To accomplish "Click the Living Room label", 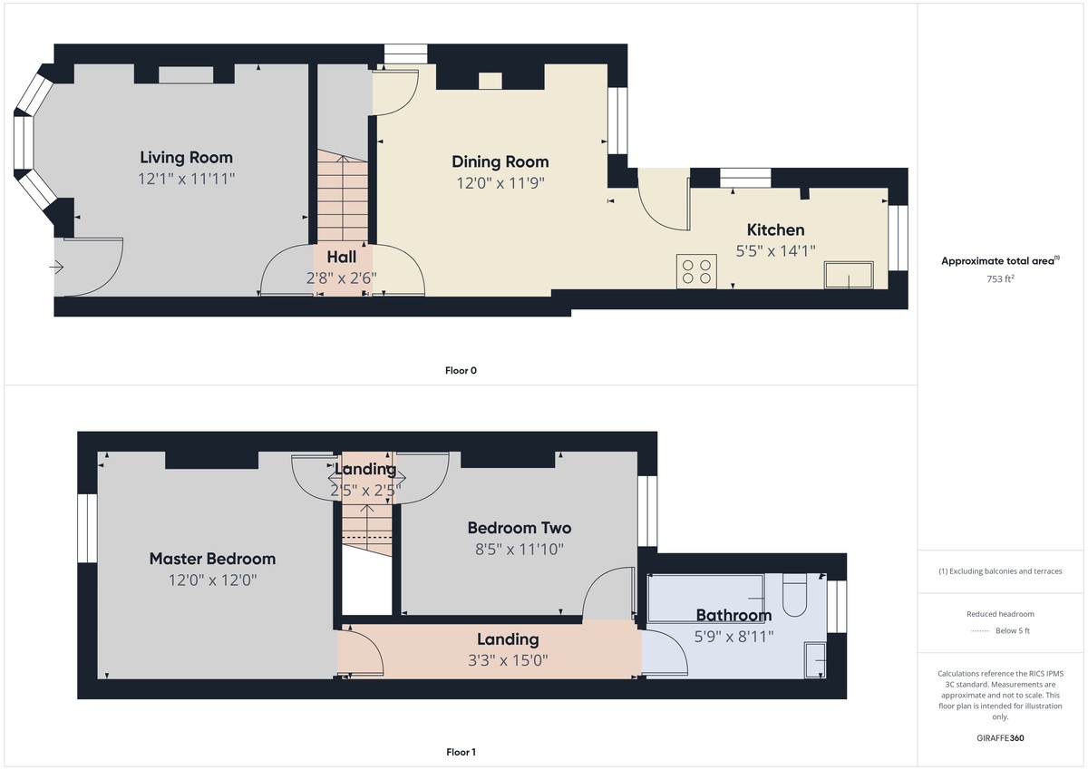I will (186, 157).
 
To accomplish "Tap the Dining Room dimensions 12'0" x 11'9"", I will (500, 182).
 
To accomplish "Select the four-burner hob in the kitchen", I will (696, 271).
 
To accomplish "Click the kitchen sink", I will (848, 275).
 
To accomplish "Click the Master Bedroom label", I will (212, 559).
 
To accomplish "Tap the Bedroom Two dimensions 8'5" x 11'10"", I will (519, 548).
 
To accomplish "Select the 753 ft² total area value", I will (1001, 278).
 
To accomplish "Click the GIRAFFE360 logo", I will (1001, 738).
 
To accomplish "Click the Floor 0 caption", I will (461, 370).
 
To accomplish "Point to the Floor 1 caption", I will (461, 752).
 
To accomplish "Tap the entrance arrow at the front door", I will (56, 267).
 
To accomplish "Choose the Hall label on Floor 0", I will (341, 258).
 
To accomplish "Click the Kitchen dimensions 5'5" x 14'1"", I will (775, 251).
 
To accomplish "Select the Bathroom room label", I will (733, 616).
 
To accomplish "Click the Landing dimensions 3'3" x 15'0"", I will (508, 659).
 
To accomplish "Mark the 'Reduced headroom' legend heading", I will (1001, 614).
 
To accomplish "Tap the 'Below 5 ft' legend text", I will (1012, 630).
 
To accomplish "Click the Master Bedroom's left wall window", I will (87, 528).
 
